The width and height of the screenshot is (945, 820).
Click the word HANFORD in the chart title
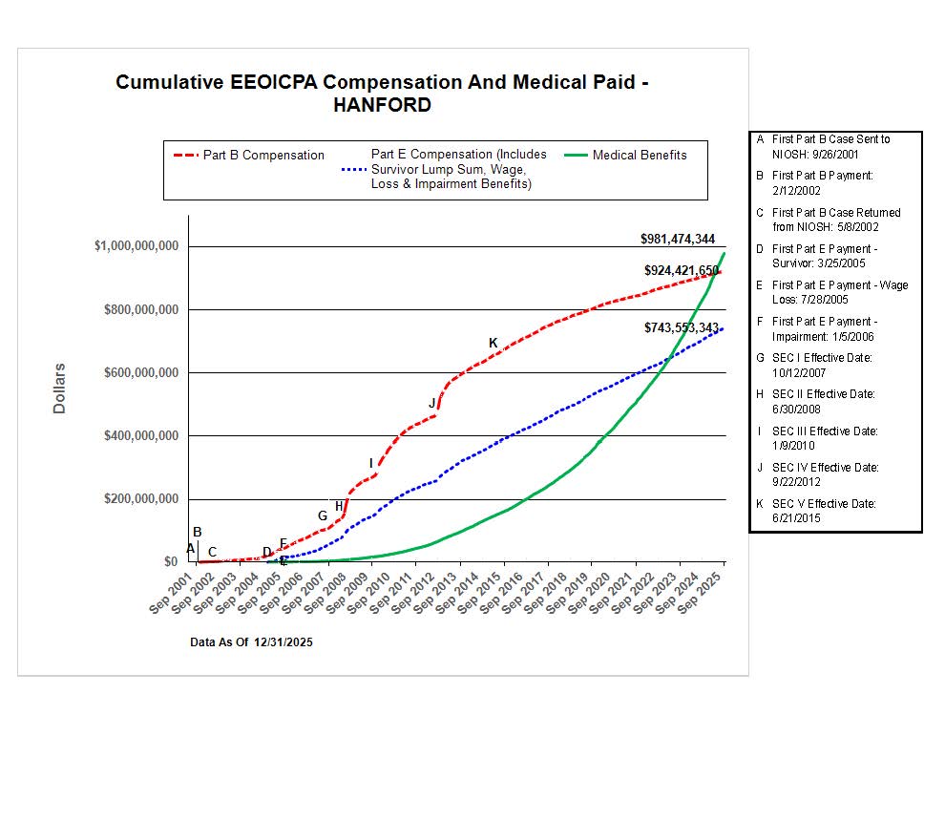382,105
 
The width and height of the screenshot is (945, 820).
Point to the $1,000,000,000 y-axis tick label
136,246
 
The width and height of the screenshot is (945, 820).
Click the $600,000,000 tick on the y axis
141,372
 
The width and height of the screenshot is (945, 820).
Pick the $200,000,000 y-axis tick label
141,499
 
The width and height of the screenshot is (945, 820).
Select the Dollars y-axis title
59,387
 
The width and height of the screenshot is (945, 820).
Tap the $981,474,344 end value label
677,239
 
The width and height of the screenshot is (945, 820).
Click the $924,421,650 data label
681,270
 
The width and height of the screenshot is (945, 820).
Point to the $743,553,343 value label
681,327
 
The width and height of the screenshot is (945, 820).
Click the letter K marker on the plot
493,343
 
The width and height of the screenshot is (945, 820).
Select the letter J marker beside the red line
432,403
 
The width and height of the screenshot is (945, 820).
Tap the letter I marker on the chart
371,463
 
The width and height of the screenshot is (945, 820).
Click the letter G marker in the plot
323,516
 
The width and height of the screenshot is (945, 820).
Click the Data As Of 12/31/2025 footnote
251,642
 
